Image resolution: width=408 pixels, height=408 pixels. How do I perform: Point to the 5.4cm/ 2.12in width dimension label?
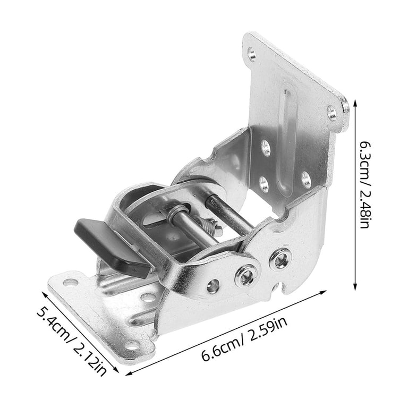pos(71,341)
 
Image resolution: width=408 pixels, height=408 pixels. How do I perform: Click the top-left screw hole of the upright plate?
pos(252,54)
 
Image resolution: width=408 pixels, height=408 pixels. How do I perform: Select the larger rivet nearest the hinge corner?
pos(280,259)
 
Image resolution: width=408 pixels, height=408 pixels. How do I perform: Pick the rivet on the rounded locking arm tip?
pos(246,275)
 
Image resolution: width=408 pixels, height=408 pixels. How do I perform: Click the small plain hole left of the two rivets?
pos(213,286)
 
